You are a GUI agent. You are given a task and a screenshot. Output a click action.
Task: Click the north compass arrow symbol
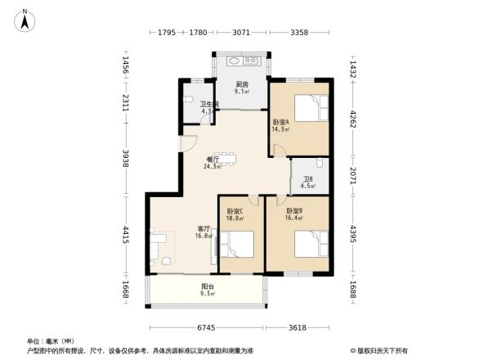pos(25,20)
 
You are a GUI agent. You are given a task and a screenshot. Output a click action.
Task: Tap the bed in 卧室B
pos(307,244)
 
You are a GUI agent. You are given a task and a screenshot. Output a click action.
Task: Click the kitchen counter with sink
pos(242,61)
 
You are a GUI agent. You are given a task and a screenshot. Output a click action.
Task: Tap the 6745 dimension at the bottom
pos(208,327)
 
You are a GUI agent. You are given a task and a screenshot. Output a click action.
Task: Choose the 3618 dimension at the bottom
pos(298,327)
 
